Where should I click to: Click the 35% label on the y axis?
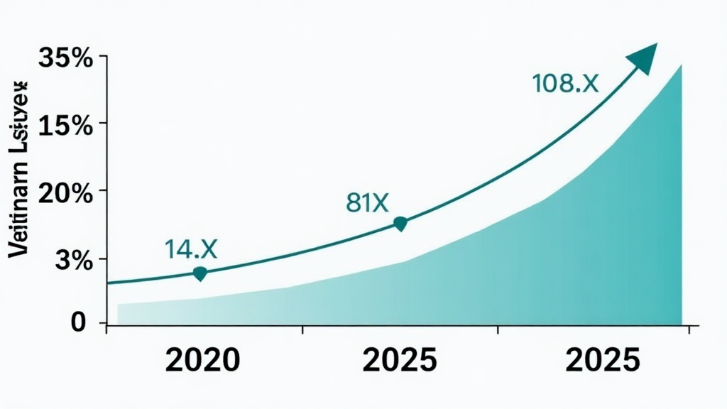[66, 58]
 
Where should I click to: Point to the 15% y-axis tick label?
[66, 126]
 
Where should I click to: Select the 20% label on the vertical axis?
[66, 193]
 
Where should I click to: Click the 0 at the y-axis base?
[79, 322]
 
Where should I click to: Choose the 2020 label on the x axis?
[202, 361]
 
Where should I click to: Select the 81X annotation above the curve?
[367, 203]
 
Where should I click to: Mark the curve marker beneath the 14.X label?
[200, 273]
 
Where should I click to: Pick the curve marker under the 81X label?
[400, 224]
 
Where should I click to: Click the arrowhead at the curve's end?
[645, 56]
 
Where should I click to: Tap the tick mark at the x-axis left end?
[106, 328]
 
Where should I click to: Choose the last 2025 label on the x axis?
[603, 361]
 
